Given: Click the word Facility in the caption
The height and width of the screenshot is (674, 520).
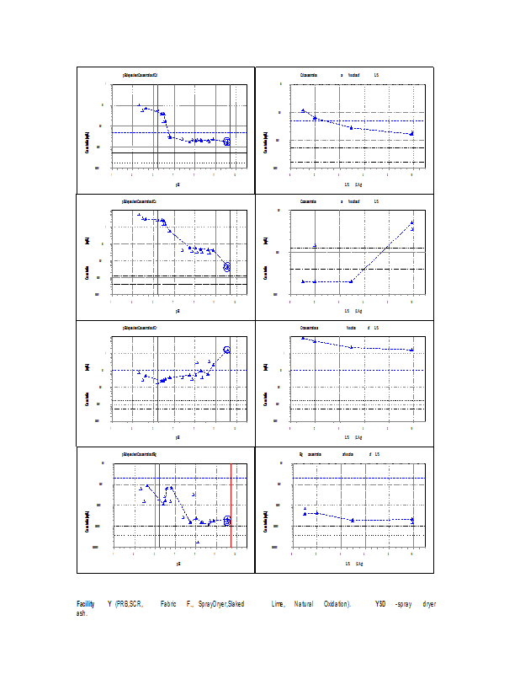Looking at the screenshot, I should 85,604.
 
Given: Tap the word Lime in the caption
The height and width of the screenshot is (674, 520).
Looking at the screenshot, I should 279,604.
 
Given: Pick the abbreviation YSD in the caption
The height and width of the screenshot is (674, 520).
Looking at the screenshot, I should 381,604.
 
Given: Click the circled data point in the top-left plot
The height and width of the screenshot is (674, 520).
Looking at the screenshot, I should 227,142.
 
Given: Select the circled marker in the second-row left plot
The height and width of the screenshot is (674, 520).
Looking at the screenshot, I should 227,267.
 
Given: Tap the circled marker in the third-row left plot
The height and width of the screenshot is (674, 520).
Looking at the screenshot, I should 227,350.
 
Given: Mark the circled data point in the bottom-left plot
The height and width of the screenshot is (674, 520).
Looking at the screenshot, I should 227,521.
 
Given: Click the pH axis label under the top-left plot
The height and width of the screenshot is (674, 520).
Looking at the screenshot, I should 178,184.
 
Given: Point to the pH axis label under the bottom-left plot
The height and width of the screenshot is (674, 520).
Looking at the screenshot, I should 178,563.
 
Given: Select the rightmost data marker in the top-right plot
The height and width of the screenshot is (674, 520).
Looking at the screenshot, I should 411,134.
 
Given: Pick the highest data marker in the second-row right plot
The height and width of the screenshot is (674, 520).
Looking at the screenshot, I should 412,222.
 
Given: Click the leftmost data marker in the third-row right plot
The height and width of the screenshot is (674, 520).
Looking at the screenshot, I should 303,338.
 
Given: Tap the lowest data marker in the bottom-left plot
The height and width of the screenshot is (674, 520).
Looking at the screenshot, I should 198,543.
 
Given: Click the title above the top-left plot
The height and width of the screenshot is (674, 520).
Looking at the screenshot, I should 141,74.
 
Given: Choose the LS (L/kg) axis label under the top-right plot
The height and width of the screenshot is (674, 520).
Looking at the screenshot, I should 353,184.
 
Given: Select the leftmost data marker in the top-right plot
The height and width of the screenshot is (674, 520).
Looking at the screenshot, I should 303,110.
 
